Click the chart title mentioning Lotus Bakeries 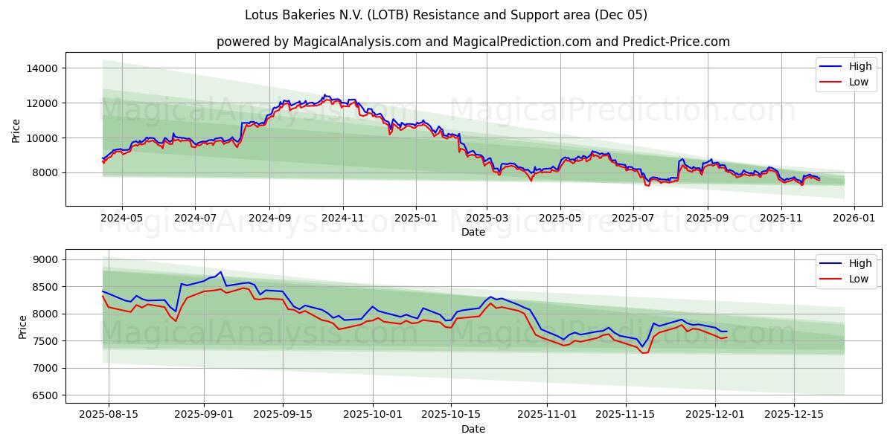446,15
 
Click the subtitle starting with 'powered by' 473,42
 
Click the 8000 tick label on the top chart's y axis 45,172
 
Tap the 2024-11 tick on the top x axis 343,219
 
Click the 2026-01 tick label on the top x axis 854,219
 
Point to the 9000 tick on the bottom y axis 45,259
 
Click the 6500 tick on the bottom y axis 45,395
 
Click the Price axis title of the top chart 16,130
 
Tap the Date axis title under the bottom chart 473,429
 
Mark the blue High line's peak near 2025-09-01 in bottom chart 220,272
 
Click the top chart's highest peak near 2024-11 324,95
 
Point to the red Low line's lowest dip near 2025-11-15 643,352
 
